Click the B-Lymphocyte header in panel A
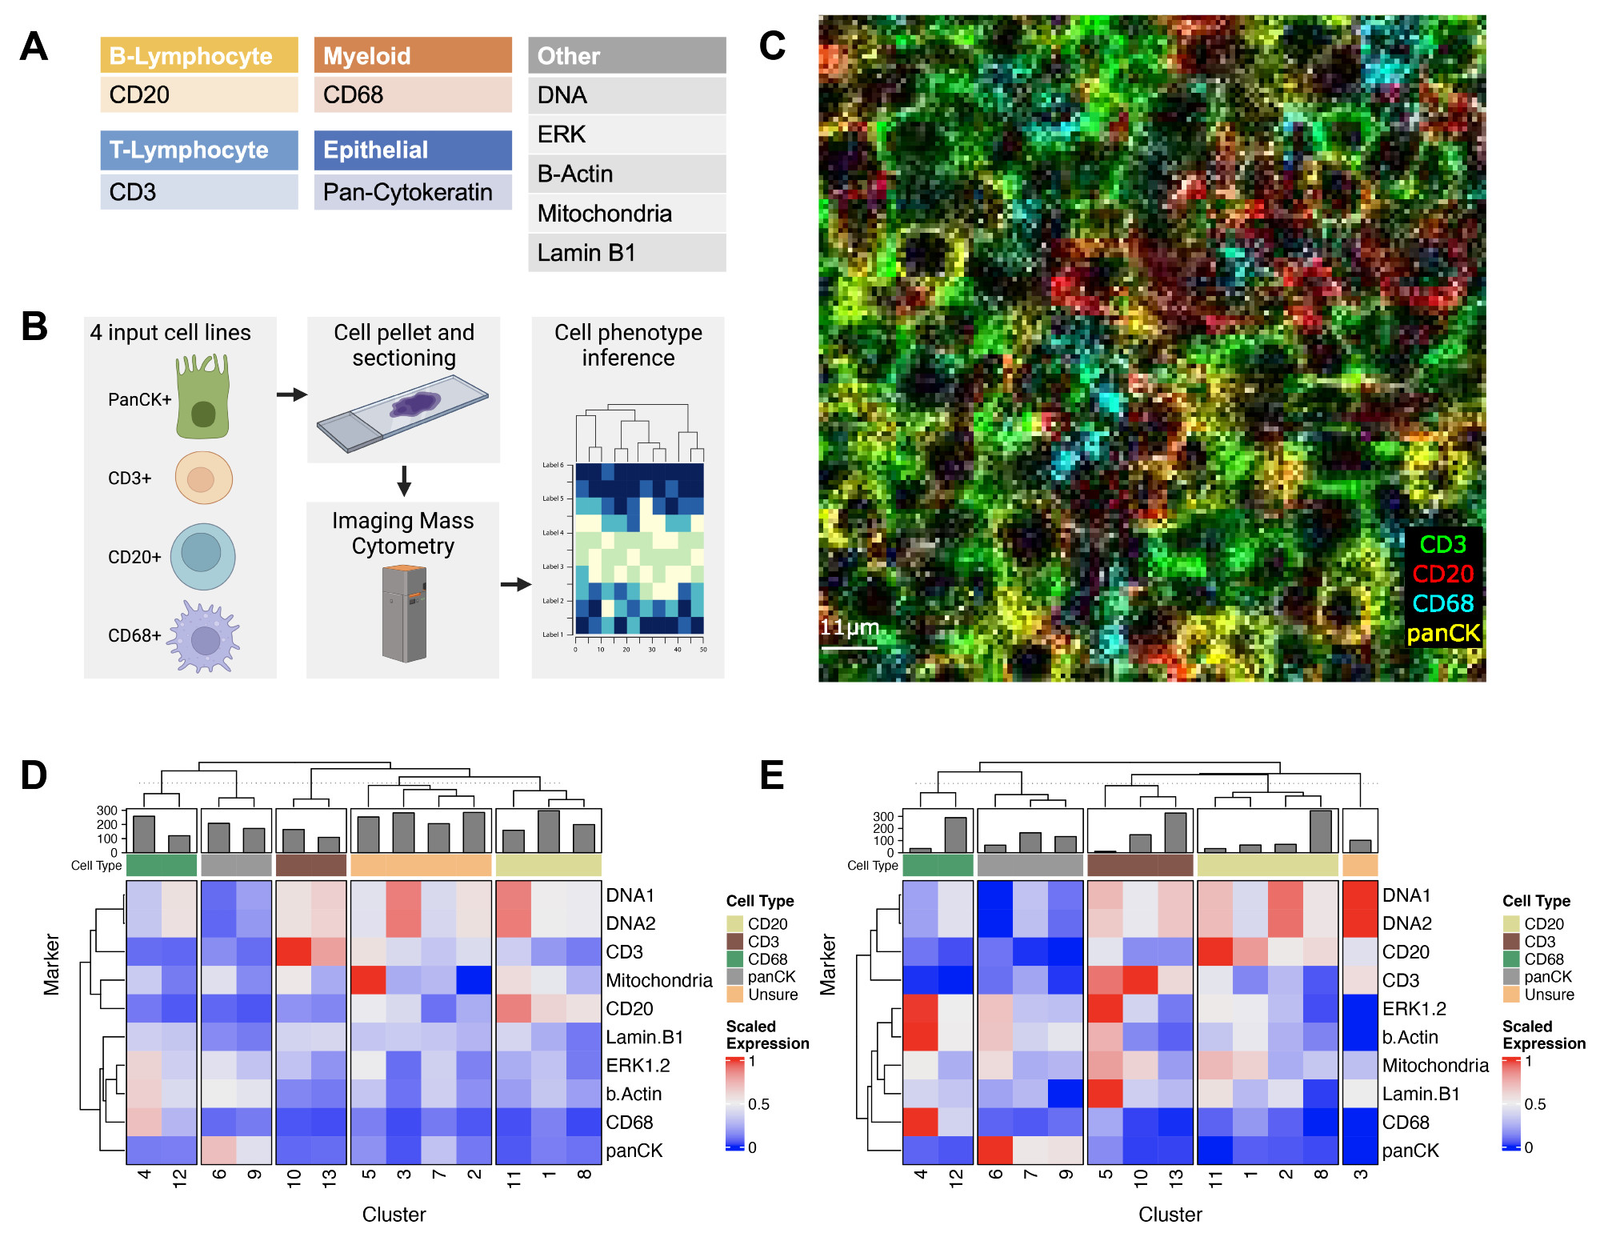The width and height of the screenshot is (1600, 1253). pos(198,55)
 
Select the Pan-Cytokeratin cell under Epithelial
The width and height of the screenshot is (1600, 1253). pos(412,193)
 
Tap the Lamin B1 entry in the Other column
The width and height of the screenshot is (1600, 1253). pos(626,253)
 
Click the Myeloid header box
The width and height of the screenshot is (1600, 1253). pos(412,55)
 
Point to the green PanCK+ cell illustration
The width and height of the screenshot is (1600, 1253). pos(203,398)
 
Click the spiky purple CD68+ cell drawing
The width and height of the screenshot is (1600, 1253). pos(205,638)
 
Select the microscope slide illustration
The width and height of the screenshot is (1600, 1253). pos(402,412)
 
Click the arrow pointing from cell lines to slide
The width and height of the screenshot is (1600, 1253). pos(292,394)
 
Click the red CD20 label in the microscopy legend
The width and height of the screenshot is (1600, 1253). pos(1442,574)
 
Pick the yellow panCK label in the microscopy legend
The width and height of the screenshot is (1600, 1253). pos(1443,633)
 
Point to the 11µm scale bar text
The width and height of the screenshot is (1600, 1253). pos(850,627)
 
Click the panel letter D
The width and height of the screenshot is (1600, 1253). pos(34,775)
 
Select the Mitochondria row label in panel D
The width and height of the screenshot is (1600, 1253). pos(658,980)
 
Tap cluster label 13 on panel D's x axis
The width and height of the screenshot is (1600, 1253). pos(330,1178)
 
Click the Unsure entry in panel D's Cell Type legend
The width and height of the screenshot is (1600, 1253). pos(772,995)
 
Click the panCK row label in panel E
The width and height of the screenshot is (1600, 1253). pos(1410,1151)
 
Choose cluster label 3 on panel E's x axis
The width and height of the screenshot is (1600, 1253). pos(1360,1175)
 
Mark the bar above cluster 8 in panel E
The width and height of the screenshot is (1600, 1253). pos(1321,831)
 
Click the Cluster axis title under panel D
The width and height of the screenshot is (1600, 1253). pos(394,1215)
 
